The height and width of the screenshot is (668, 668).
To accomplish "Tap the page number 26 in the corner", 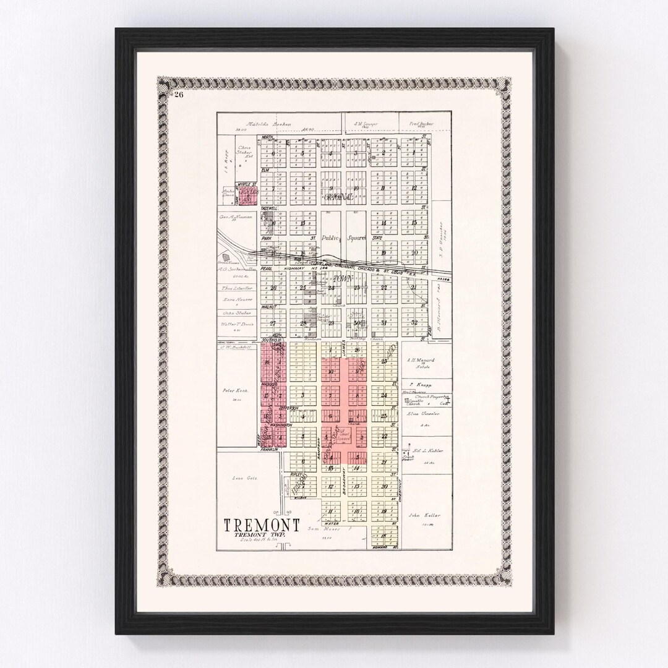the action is tap(179, 94).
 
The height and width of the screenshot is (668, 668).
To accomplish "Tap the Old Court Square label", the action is tap(344, 437).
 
